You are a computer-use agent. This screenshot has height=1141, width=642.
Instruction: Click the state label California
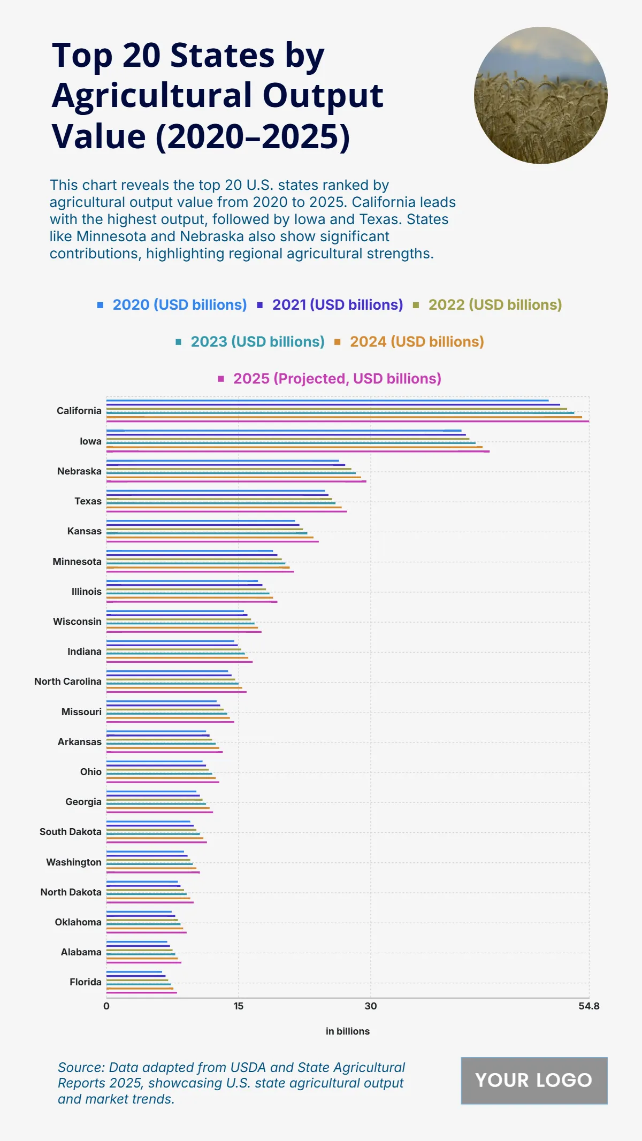(x=79, y=411)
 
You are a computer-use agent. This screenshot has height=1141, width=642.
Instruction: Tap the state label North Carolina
(x=67, y=681)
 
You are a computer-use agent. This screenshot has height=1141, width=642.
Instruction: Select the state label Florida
(x=85, y=982)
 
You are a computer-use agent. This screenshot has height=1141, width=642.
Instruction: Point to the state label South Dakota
(x=70, y=832)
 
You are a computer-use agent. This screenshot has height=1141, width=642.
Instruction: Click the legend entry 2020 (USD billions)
(x=179, y=305)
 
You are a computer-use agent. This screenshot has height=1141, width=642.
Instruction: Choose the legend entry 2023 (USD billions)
(x=257, y=342)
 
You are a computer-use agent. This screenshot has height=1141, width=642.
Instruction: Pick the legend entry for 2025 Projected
(x=337, y=379)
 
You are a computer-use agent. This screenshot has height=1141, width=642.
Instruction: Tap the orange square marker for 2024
(x=338, y=342)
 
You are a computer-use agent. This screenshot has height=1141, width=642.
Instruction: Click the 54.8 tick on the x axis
(x=588, y=1006)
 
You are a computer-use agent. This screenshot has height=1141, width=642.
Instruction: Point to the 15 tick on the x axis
(x=239, y=1006)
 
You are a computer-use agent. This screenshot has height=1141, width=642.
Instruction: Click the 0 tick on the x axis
(x=106, y=1006)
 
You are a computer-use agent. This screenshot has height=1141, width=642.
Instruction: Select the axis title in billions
(x=348, y=1031)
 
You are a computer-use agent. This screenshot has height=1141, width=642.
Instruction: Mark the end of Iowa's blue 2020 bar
(x=460, y=431)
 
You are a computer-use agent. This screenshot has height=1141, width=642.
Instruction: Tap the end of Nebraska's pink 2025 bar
(x=365, y=481)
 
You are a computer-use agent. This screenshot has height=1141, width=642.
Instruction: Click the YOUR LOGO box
(x=534, y=1081)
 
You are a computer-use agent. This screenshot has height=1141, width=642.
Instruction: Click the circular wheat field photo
(x=540, y=95)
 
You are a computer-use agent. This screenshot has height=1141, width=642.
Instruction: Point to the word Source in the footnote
(x=80, y=1068)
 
